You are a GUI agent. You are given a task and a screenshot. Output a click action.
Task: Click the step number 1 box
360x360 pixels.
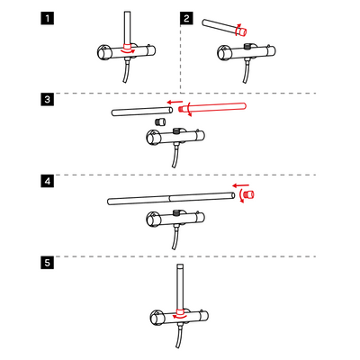tap(48, 18)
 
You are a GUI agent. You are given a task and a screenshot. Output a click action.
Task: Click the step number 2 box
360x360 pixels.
tap(186, 18)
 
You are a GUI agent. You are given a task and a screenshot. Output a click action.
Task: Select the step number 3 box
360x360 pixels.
tap(48, 99)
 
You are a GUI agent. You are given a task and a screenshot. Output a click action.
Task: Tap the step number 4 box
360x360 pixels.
tap(48, 182)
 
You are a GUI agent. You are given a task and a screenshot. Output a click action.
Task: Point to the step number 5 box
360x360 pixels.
tap(48, 263)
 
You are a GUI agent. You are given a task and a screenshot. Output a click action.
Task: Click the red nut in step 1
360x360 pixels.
tap(128, 47)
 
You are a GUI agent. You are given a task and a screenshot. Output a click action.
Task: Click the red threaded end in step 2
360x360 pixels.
tap(243, 31)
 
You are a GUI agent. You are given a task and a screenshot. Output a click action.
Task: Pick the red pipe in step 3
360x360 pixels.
tap(212, 107)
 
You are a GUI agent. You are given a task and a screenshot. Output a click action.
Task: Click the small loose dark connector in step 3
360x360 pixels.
tap(161, 122)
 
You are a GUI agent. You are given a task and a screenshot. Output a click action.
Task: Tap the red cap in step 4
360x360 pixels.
tap(249, 194)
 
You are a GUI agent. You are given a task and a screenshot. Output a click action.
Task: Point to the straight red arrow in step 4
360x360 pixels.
tap(241, 185)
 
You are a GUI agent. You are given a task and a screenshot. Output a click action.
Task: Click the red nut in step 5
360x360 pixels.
tap(180, 311)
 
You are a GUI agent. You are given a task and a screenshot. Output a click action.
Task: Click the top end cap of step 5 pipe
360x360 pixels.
tap(180, 266)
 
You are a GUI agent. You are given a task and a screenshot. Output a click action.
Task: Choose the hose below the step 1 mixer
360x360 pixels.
tap(127, 72)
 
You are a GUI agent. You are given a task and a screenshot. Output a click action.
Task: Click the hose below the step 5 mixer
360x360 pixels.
tap(179, 337)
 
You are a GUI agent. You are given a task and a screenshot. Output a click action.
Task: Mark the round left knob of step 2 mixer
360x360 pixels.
tap(223, 52)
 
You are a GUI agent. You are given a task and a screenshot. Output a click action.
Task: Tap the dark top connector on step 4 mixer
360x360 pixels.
tap(177, 213)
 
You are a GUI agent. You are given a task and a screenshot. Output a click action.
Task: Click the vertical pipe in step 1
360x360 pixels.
tap(128, 28)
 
